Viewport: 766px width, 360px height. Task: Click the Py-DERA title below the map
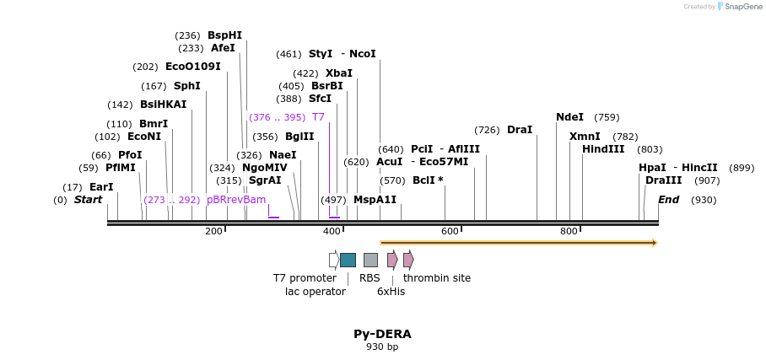(x=382, y=334)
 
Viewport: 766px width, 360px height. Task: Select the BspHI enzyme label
(x=224, y=35)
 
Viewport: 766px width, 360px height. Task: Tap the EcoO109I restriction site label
(x=193, y=67)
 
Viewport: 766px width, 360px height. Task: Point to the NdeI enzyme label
(x=571, y=117)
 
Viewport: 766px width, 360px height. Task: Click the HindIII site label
(x=603, y=149)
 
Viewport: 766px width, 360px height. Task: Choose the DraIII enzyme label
(x=664, y=180)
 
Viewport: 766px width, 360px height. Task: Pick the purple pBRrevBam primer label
(x=236, y=200)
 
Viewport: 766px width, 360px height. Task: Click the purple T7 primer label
(x=318, y=117)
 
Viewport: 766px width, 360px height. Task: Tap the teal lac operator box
(x=348, y=260)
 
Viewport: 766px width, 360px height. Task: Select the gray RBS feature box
(x=370, y=260)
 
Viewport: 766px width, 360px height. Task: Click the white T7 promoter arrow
(x=334, y=260)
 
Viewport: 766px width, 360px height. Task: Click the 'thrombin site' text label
(x=437, y=278)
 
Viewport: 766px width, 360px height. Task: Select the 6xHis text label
(x=391, y=292)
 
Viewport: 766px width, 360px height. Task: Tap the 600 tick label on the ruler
(x=450, y=231)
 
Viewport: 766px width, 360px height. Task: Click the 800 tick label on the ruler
(x=569, y=231)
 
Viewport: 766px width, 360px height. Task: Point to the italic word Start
(x=88, y=200)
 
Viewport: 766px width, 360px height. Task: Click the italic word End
(x=668, y=200)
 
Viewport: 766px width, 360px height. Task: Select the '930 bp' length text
(x=382, y=347)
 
